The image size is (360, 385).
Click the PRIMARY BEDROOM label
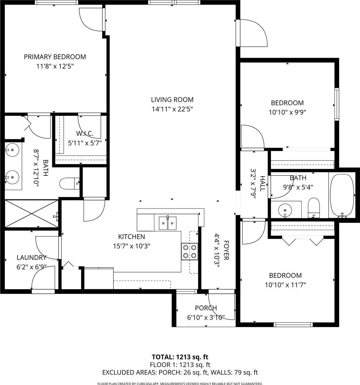point(55,57)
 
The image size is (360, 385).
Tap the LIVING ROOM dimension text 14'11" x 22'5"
point(172,109)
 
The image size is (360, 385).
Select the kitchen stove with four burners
point(190,251)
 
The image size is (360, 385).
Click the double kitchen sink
point(168,223)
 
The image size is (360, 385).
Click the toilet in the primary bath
point(69,184)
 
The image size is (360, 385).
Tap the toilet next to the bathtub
point(314,208)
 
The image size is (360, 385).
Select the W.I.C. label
point(85,134)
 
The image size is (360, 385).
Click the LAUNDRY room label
point(31,258)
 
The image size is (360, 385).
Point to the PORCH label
point(206,308)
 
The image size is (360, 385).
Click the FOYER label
point(226,250)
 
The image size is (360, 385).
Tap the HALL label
point(262,184)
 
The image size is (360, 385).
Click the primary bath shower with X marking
point(31,214)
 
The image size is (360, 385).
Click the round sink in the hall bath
point(285,210)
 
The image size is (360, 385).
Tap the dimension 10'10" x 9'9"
point(287,113)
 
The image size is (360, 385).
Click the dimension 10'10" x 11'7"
point(285,285)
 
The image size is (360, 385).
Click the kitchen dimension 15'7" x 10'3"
point(131,246)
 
